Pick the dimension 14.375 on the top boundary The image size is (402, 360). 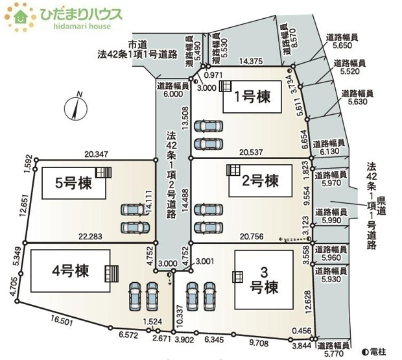(250, 61)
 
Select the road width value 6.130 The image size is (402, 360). (329, 150)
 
